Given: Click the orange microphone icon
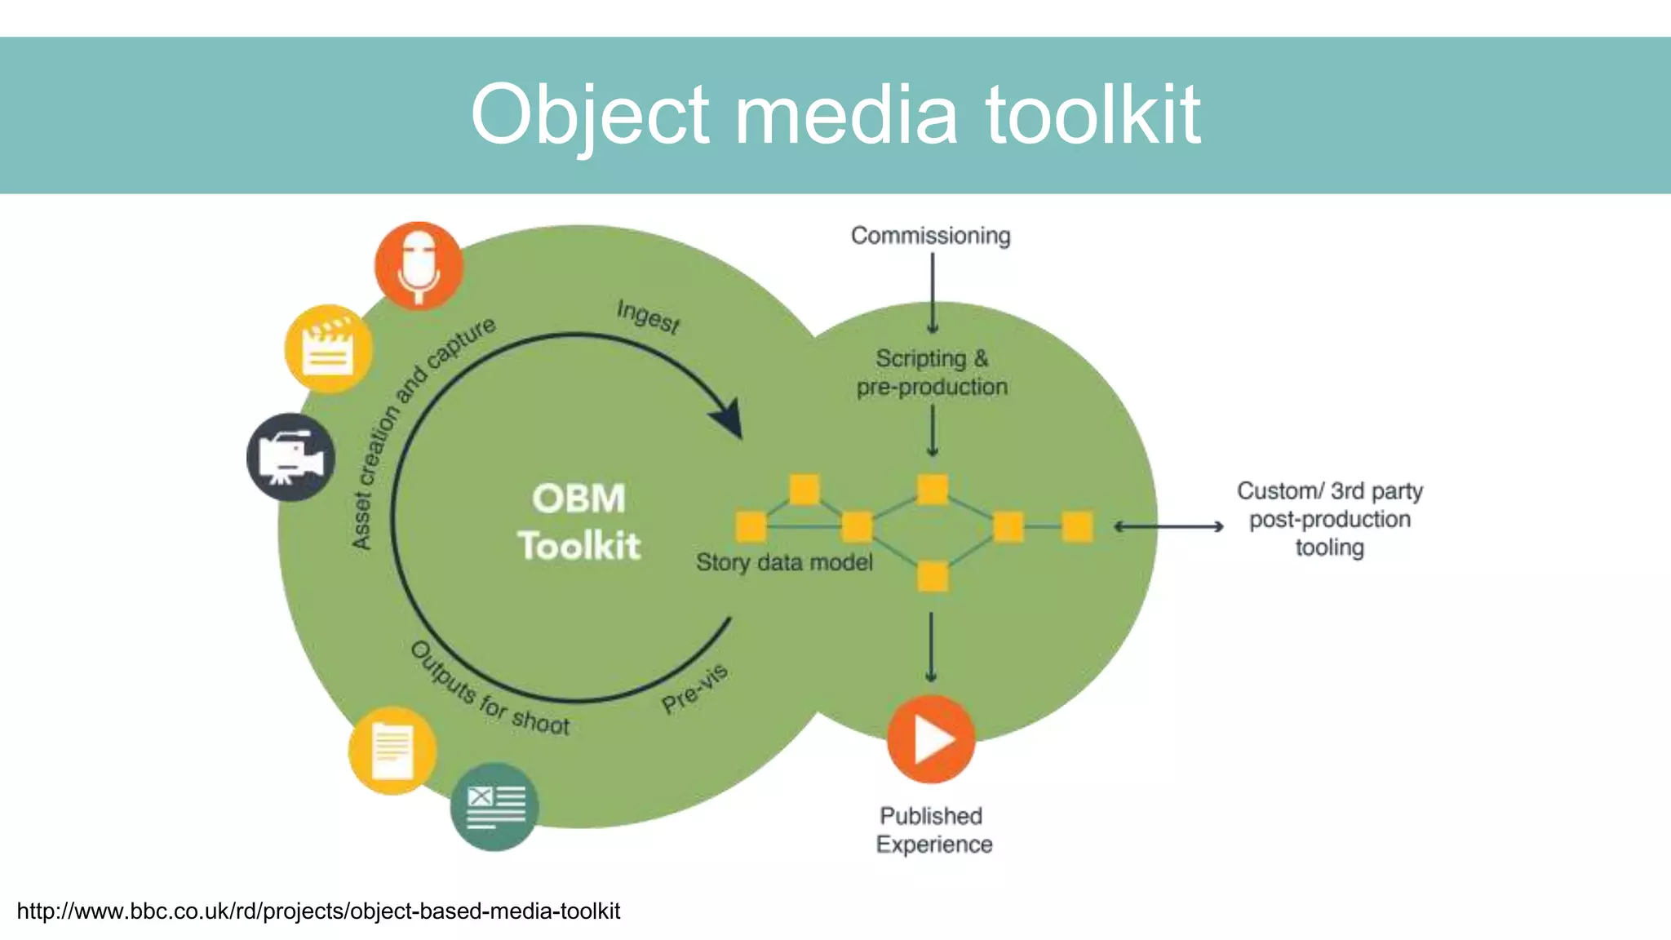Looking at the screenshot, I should [x=419, y=265].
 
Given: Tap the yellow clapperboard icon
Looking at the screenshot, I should [x=328, y=349].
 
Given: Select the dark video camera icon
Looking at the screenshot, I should [x=290, y=457].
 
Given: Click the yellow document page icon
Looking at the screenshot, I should [x=392, y=751].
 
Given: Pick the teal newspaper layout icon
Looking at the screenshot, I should [x=494, y=806].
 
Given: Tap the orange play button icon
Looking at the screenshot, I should [x=931, y=739].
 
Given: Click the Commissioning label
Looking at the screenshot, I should [x=930, y=236].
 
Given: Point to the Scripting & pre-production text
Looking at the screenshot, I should [x=932, y=372].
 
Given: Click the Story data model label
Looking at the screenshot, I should [x=784, y=562].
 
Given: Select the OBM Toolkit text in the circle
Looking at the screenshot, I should [x=579, y=522].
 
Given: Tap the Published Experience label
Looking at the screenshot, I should [x=933, y=830].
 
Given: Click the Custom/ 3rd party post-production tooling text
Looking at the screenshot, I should [x=1329, y=519].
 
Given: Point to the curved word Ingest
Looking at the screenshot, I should [x=648, y=316].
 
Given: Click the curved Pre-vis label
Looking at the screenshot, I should [x=694, y=689].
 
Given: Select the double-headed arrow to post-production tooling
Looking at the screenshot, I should [x=1168, y=527].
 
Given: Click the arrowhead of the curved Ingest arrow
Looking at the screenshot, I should [x=729, y=418].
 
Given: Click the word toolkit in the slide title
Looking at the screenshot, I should [x=1093, y=115].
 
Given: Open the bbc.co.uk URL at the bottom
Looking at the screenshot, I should [x=318, y=911].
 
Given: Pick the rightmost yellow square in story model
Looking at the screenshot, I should [x=1077, y=527].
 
